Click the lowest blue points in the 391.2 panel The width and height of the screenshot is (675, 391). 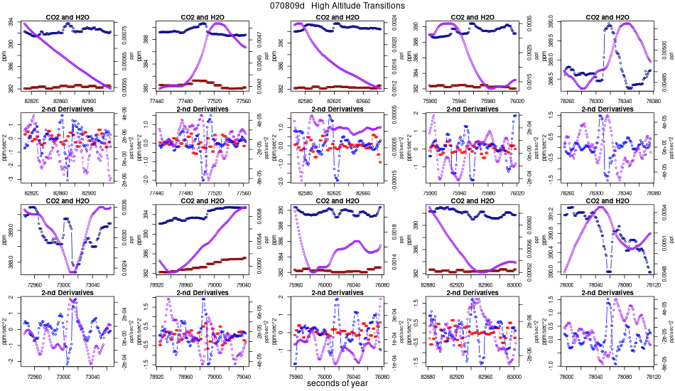click(x=609, y=271)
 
